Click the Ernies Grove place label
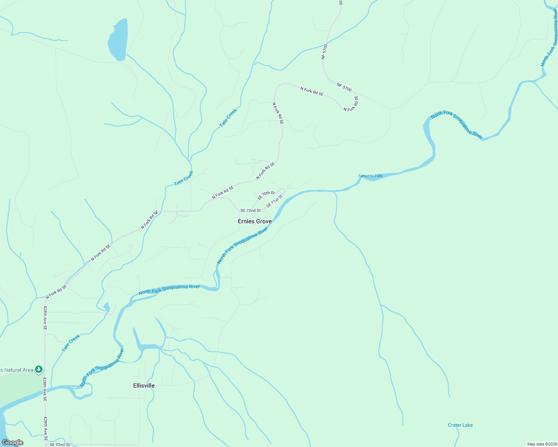click(x=255, y=221)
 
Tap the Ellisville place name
click(x=144, y=386)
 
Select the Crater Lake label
click(x=460, y=425)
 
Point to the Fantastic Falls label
click(x=370, y=176)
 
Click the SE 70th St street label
click(x=266, y=195)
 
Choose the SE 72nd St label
click(x=250, y=210)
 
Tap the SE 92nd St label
click(x=60, y=444)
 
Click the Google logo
click(x=13, y=443)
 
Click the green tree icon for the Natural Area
click(x=39, y=370)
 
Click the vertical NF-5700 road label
click(x=324, y=52)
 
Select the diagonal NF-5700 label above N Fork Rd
click(x=344, y=87)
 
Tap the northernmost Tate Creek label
click(x=228, y=118)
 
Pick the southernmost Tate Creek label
click(x=71, y=343)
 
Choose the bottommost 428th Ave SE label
click(x=45, y=428)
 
